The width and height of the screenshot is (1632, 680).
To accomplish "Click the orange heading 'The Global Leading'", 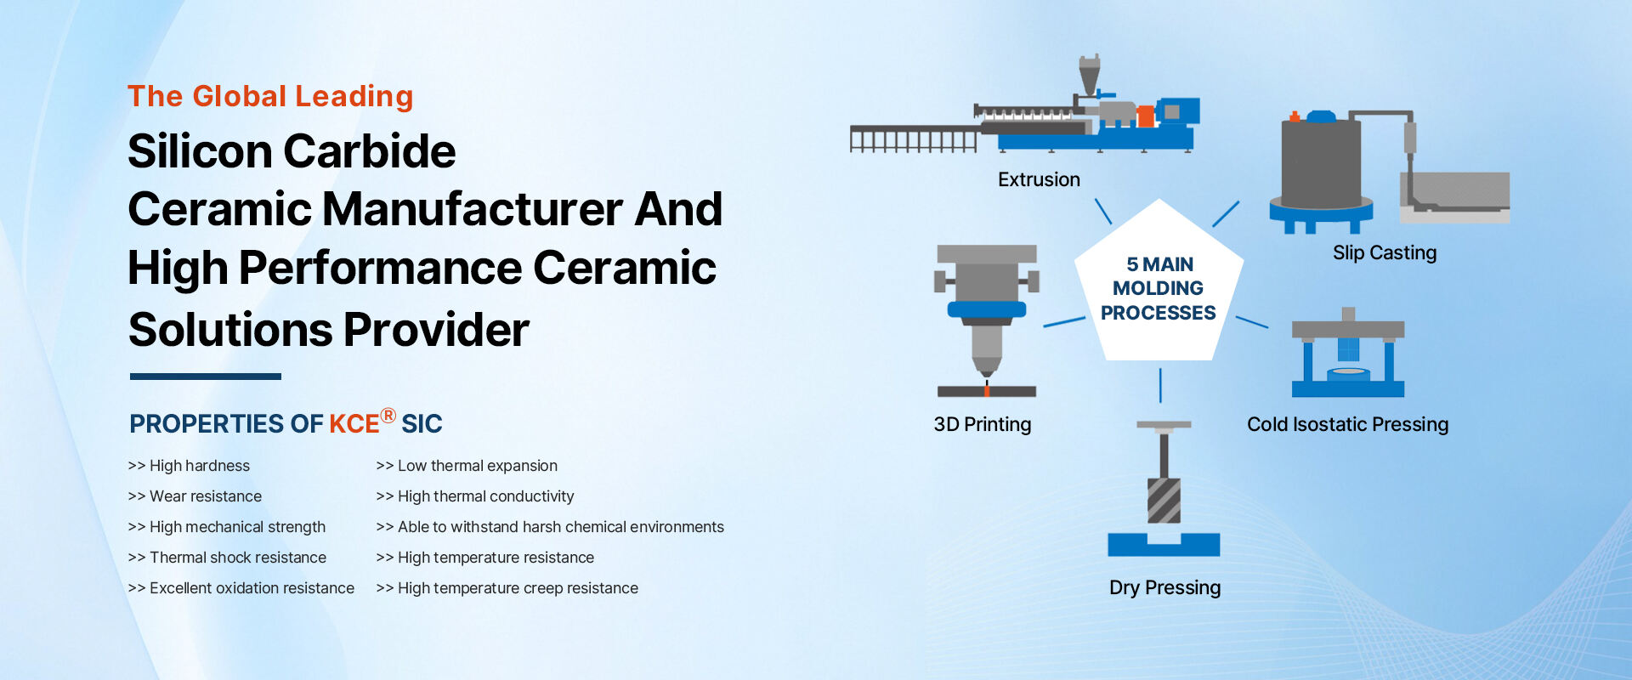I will (270, 97).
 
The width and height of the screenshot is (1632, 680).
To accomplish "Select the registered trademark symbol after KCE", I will (388, 416).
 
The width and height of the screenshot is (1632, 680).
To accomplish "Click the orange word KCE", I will (354, 424).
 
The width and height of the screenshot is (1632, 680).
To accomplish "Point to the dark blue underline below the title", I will (205, 376).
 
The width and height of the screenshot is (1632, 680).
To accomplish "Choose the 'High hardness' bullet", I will (189, 466).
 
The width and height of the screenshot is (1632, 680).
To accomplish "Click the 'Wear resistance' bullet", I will (195, 496).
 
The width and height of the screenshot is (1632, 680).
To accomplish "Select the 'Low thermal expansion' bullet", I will (467, 466).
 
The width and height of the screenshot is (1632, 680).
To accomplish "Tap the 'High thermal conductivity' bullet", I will (475, 496).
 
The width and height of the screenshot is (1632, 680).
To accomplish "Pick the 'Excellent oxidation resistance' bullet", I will (241, 588).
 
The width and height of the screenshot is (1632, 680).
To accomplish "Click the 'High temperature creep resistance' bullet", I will (507, 588).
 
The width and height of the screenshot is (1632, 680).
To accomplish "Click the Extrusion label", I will (1039, 180).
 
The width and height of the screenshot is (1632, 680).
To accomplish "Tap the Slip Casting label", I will (1385, 253).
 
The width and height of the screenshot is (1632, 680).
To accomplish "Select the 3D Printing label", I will (982, 424).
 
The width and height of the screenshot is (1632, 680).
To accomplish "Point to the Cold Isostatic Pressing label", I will (1347, 424).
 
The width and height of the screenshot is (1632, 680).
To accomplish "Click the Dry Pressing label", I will (1164, 587).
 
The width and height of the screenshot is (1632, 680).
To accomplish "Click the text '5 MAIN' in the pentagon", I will (1159, 264).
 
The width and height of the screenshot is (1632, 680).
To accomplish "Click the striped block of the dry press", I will (1164, 501).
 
